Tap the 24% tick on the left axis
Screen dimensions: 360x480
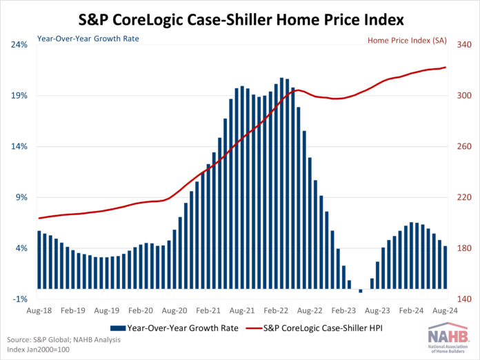tap(19, 45)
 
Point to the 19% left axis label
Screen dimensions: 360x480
tap(19, 96)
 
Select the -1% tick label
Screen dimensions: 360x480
tap(19, 299)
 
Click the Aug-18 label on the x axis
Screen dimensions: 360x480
tap(39, 312)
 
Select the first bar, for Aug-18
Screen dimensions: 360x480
tap(39, 259)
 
